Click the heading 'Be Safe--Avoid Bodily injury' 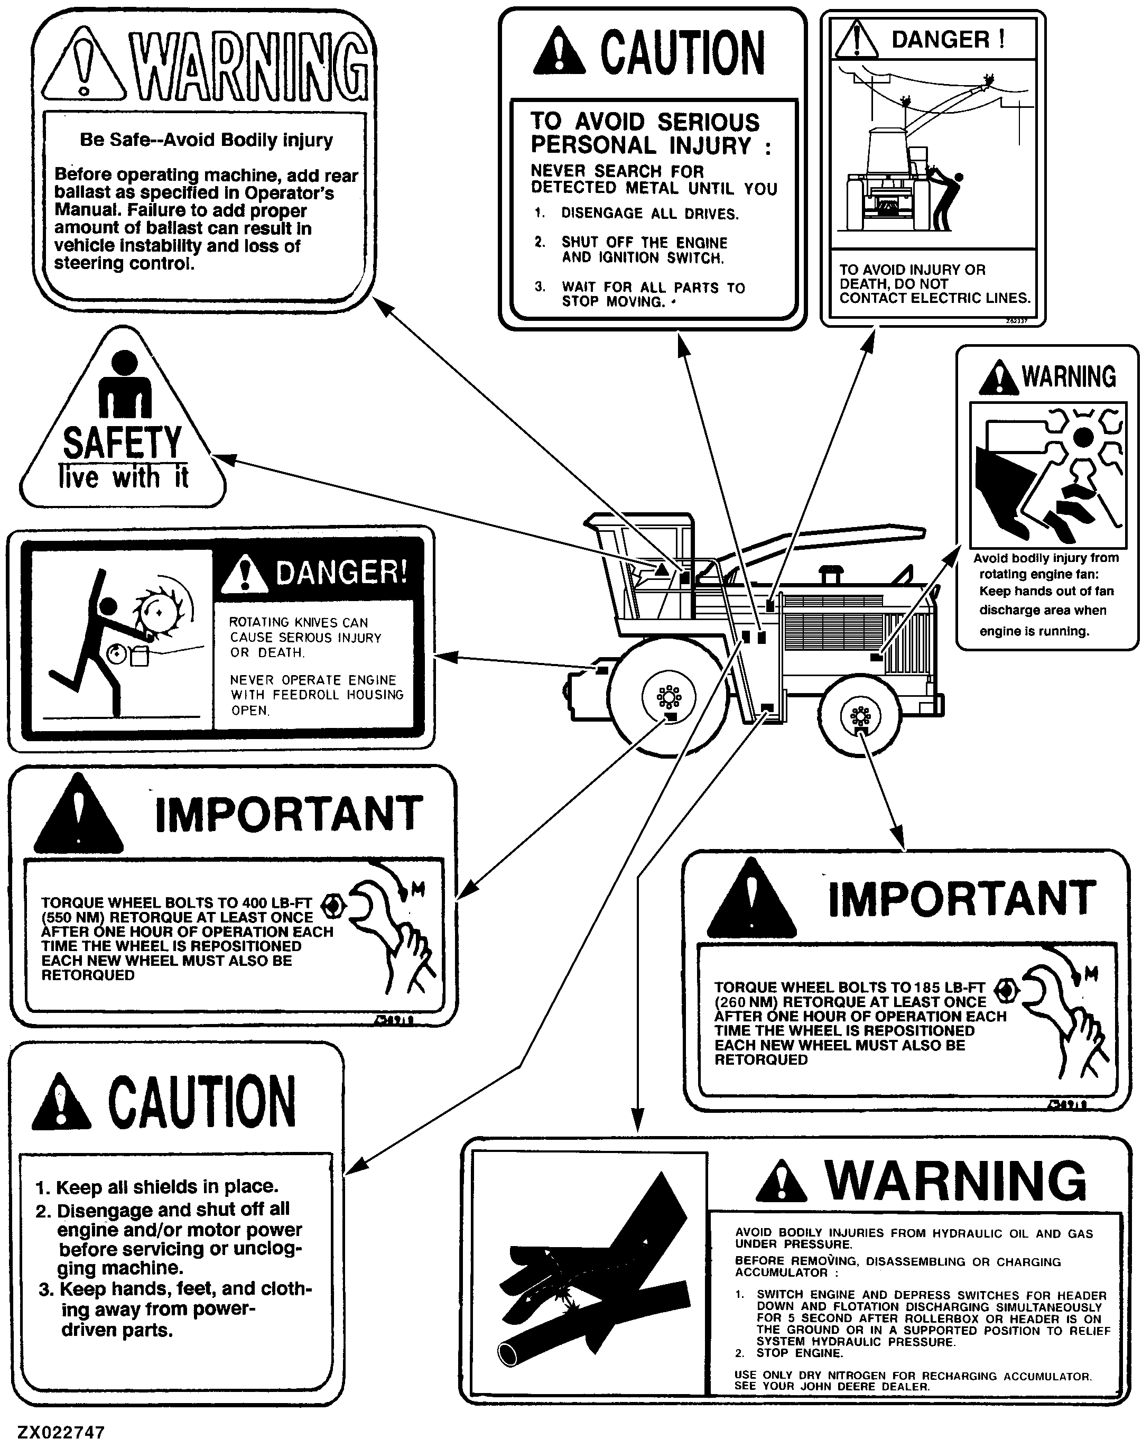[x=206, y=140]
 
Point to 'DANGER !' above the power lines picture [x=948, y=40]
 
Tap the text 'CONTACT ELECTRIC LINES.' [x=935, y=298]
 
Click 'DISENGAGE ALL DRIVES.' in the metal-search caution [x=650, y=214]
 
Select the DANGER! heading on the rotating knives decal [x=341, y=573]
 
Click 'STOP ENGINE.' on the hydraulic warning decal [x=800, y=1353]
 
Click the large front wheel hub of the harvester [x=669, y=697]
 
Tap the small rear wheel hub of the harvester [x=860, y=717]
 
